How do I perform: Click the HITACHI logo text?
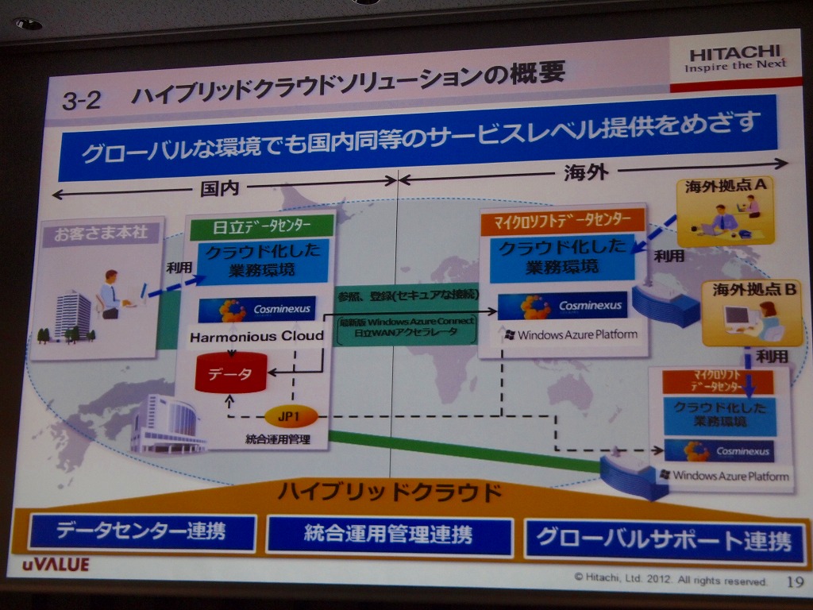coord(735,54)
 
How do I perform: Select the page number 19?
coord(795,582)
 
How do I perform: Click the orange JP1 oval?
coord(291,415)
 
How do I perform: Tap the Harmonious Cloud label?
coord(256,336)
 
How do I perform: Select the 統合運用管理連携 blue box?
coord(388,535)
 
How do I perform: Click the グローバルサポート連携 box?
coord(664,540)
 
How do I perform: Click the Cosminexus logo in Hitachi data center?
coord(256,309)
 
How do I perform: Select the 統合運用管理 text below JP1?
coord(278,438)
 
